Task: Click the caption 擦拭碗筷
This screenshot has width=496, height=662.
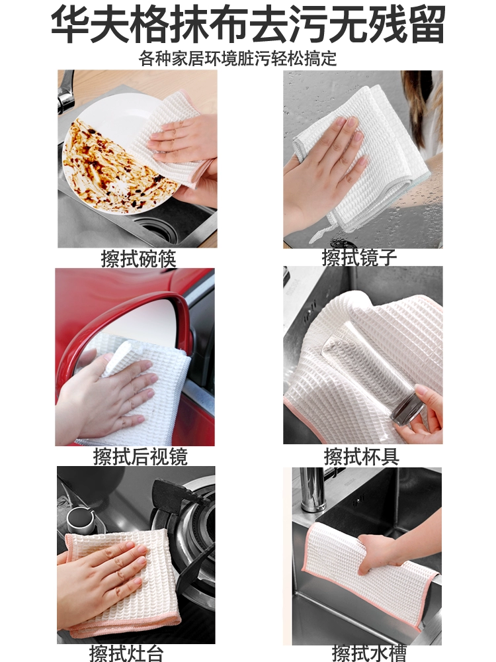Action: point(138,258)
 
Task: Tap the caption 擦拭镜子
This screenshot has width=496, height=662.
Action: point(359,257)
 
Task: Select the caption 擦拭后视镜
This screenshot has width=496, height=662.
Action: point(140,456)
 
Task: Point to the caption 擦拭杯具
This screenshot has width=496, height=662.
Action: point(362,456)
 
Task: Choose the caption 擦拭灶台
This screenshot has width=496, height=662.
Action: point(126,653)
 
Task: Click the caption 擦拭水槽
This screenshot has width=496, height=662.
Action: point(369,653)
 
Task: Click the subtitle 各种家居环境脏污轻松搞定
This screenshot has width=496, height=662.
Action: point(237,59)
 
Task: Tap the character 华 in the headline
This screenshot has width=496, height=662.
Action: point(69,23)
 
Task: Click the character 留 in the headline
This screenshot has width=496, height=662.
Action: point(427,23)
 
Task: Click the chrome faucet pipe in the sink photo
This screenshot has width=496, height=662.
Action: point(311,490)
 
